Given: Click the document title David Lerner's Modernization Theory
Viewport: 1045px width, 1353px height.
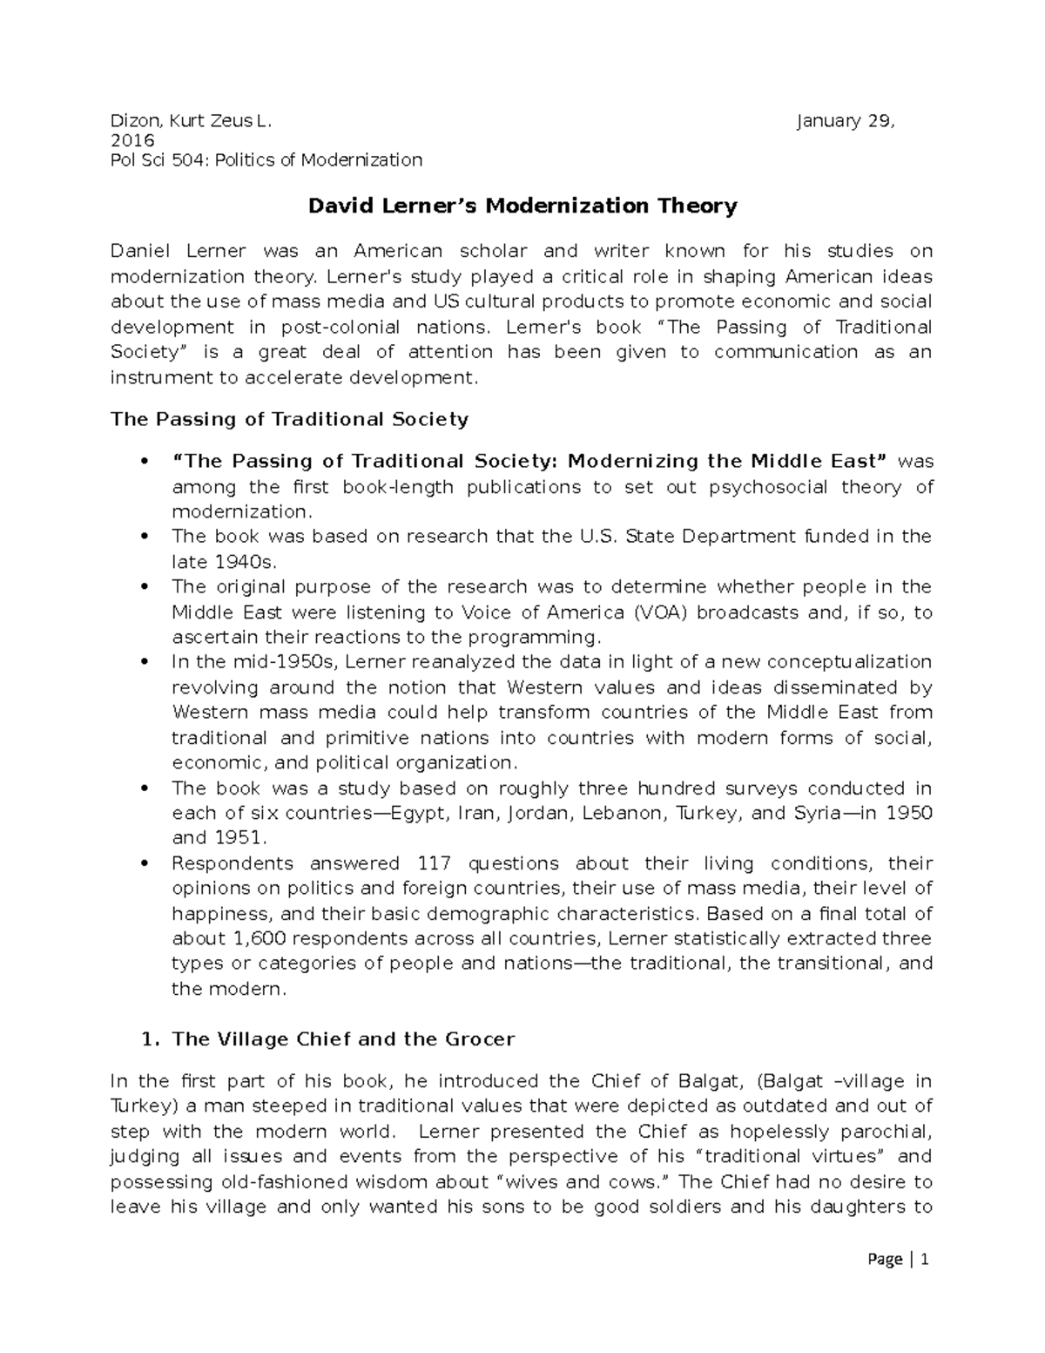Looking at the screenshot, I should click(523, 206).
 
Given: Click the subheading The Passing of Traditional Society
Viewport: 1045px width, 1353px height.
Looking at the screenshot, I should click(289, 420).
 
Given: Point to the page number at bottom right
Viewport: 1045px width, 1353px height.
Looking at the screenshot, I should click(925, 1284).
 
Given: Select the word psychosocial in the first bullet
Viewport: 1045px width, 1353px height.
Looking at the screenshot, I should click(768, 487).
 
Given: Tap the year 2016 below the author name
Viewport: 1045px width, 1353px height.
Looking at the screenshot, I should click(132, 141).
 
